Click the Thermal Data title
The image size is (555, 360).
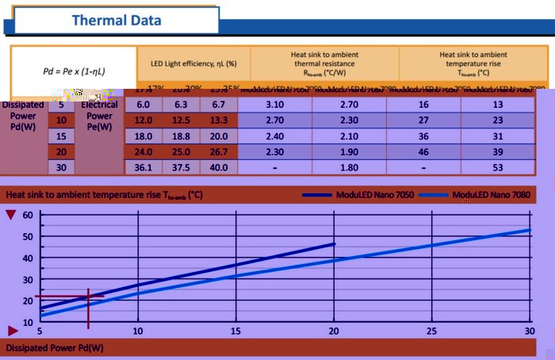pos(117,20)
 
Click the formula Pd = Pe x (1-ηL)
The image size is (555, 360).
pos(74,71)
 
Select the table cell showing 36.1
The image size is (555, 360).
pos(144,167)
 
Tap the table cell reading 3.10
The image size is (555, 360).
pos(275,105)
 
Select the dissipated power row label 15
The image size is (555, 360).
pos(61,136)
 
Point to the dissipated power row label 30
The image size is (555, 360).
pos(61,167)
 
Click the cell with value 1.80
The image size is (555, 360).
pos(349,167)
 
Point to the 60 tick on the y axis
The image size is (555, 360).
pos(28,215)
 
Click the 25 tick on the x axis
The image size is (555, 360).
pos(432,331)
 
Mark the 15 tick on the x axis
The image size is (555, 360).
pos(235,331)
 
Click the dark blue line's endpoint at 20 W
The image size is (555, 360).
pos(334,243)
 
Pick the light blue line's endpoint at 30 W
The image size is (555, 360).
pos(530,230)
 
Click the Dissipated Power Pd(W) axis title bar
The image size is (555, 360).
pos(55,347)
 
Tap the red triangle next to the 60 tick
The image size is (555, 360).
pos(10,215)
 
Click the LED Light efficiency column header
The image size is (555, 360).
pos(194,63)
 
